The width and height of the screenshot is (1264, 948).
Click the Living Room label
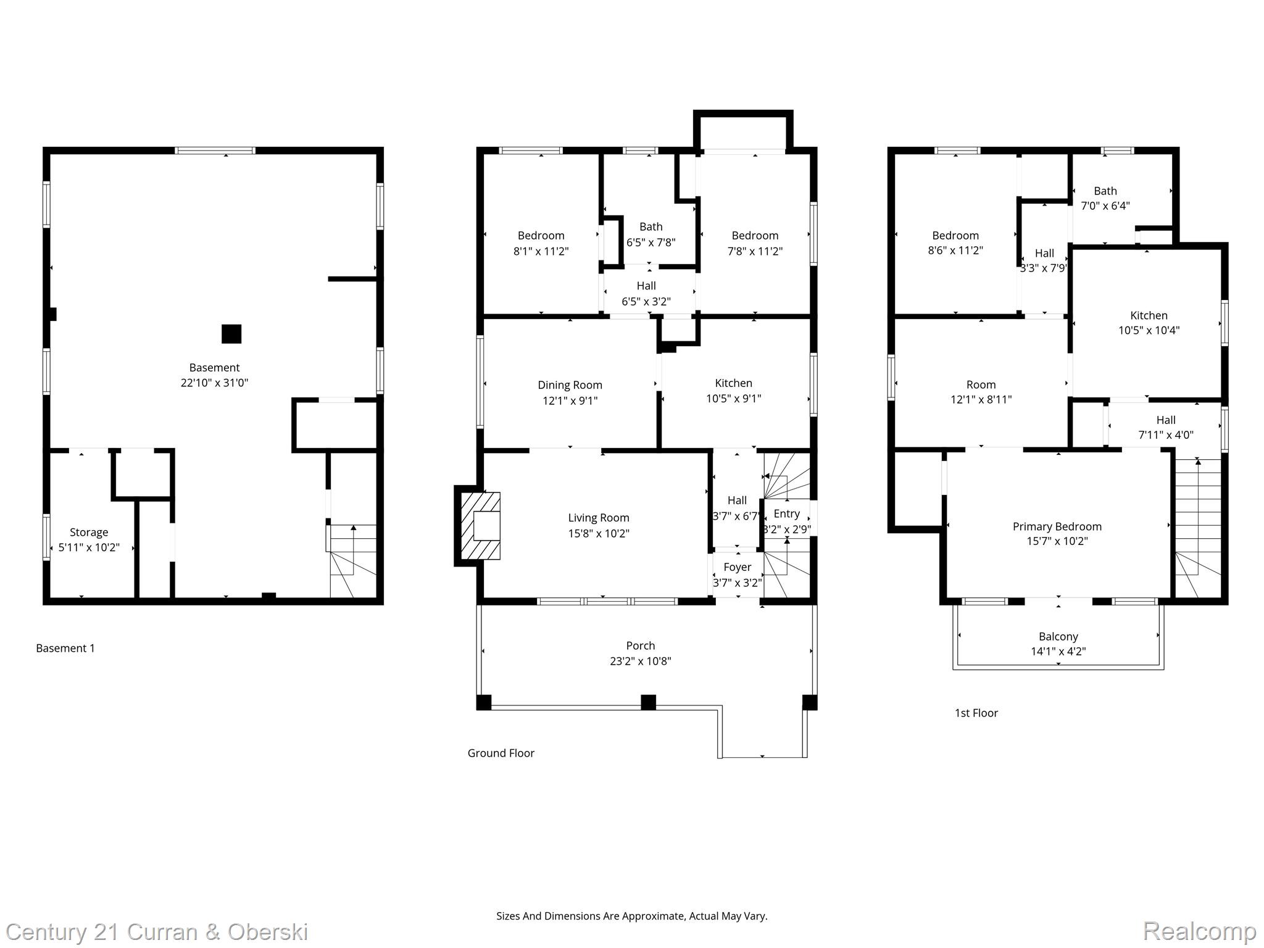pos(598,518)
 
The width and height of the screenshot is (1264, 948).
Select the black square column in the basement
pos(231,334)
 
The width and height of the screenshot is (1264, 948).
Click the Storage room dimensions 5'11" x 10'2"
pos(89,547)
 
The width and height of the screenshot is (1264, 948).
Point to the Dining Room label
pos(570,385)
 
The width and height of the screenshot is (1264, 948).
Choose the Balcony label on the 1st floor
pos(1058,636)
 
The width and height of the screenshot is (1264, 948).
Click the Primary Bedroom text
pos(1057,526)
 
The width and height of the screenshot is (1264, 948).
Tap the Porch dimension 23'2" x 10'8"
pos(640,661)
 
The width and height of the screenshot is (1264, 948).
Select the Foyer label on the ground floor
pos(737,567)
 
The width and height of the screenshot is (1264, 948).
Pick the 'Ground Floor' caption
pos(501,753)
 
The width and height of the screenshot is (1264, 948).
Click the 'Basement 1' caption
pos(65,648)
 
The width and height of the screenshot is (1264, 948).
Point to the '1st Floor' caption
pos(976,713)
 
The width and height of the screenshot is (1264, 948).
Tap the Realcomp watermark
pos(1199,931)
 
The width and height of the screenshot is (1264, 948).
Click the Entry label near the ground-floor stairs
pos(786,513)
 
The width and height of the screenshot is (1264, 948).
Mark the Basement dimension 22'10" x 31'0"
pos(214,383)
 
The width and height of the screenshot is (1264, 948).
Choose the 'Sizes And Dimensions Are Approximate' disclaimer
pos(631,916)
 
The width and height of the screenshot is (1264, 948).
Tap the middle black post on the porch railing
pos(648,702)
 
